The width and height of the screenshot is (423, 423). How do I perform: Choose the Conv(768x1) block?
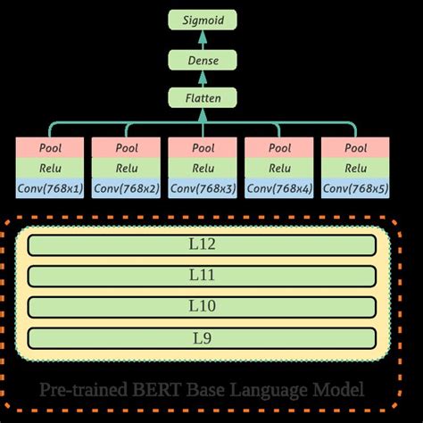tap(50, 188)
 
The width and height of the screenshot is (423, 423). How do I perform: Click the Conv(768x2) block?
tap(126, 188)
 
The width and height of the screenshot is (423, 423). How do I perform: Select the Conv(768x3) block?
tap(203, 188)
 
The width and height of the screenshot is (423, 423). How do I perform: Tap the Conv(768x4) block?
tap(279, 188)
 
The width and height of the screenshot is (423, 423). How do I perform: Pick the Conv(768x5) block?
tap(355, 188)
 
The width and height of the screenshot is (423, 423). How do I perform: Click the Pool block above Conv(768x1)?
tap(50, 147)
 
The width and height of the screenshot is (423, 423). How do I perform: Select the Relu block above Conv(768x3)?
tap(203, 168)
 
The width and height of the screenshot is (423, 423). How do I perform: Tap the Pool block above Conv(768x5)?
tap(355, 147)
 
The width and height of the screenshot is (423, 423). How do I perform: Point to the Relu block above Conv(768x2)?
tap(126, 168)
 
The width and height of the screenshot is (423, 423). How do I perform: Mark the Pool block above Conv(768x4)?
tap(279, 147)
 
